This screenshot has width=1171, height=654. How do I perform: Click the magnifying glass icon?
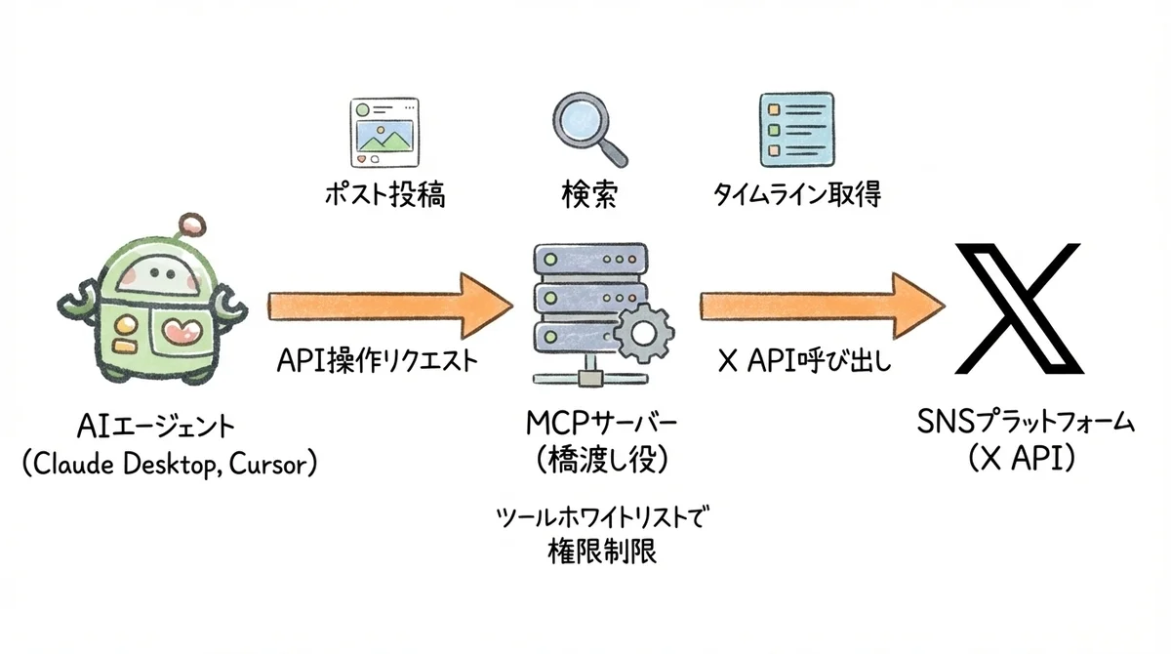[588, 128]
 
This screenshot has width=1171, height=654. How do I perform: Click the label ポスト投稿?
[384, 195]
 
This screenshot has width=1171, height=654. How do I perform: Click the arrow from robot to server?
[390, 306]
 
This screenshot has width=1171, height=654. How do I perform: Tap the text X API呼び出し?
[805, 362]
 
